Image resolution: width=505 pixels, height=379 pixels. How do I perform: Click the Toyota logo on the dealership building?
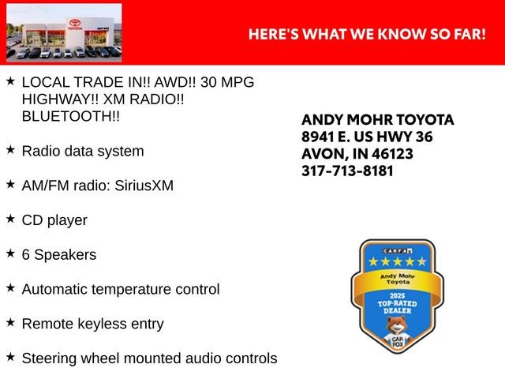tap(75, 23)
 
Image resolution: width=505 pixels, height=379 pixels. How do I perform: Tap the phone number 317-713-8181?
tap(347, 171)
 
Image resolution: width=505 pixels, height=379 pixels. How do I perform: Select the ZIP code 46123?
tap(392, 154)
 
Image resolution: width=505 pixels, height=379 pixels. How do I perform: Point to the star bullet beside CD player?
tap(10, 219)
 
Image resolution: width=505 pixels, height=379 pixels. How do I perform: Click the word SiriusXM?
tap(144, 186)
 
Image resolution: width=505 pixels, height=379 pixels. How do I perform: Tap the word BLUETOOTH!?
tap(71, 116)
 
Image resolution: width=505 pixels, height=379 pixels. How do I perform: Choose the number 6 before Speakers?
tap(26, 254)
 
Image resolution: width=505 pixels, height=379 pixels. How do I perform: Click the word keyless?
tap(102, 324)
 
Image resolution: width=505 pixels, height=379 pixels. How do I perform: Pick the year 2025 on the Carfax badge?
tap(397, 296)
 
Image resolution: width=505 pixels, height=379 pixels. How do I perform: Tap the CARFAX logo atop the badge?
tap(398, 251)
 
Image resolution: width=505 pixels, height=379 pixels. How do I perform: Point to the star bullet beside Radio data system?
tap(10, 149)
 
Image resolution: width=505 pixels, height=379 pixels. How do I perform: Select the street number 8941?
tap(317, 137)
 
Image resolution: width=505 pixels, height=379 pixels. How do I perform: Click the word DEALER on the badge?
tap(398, 310)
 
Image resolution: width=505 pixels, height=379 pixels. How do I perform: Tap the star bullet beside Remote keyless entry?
tap(10, 322)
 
